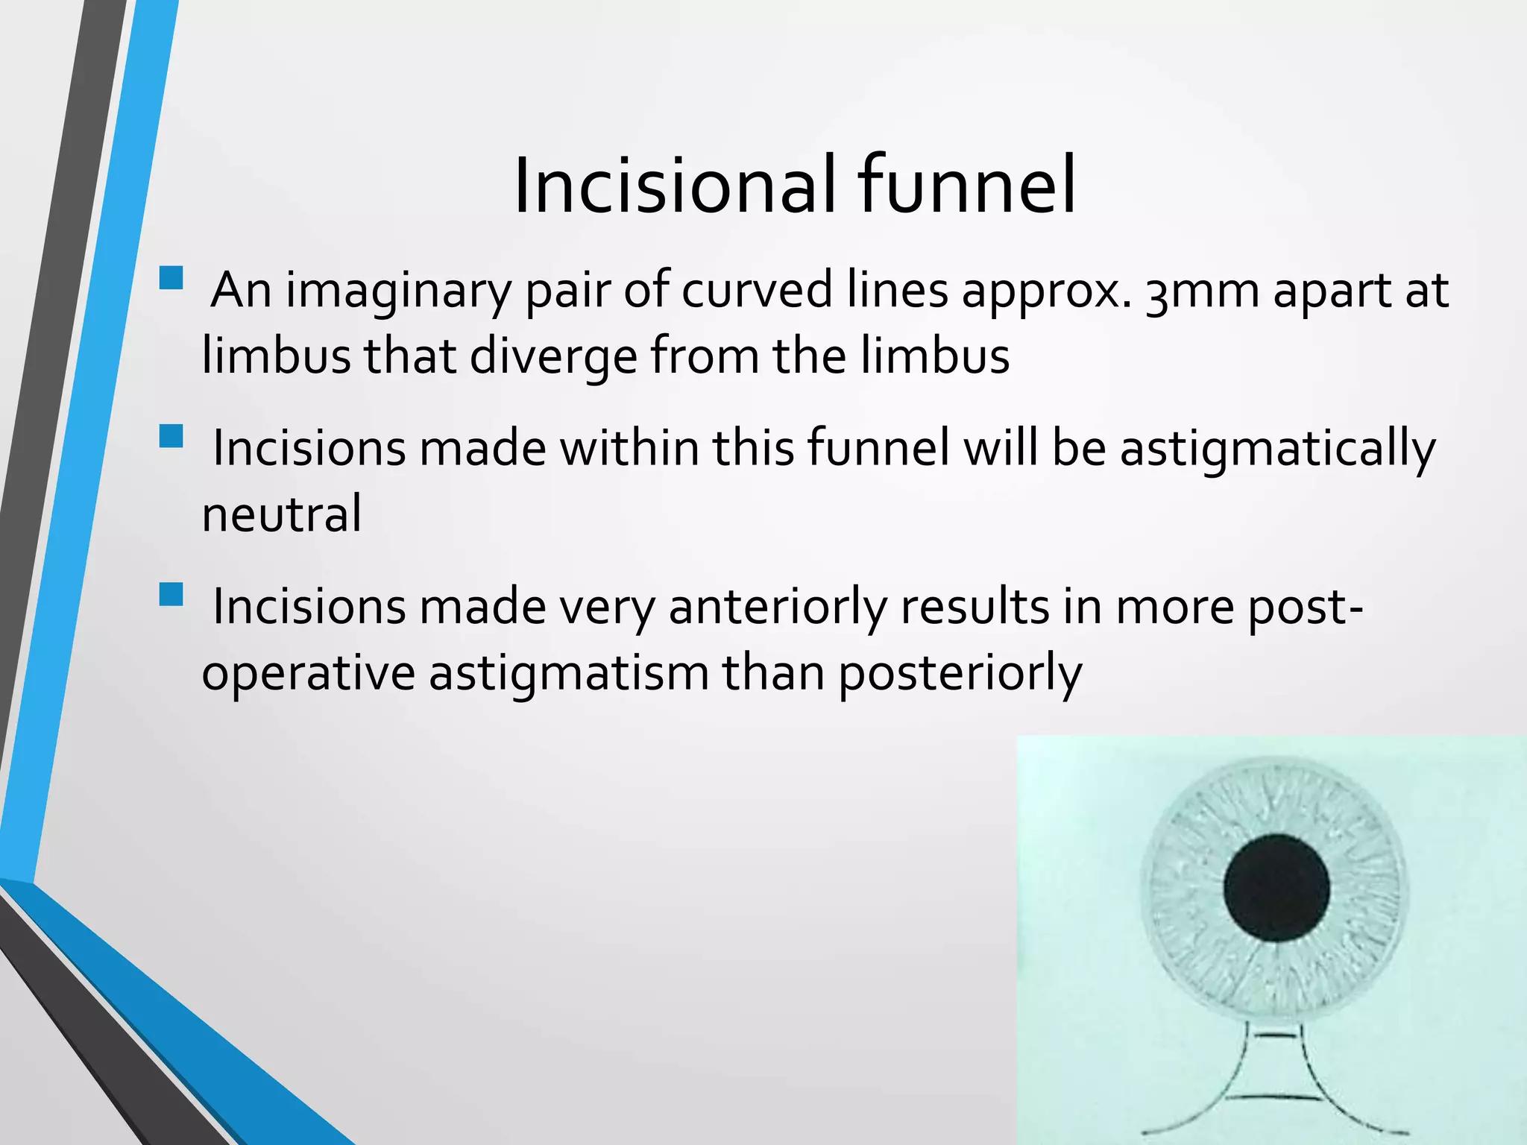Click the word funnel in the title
966,186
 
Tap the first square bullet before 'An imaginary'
171,277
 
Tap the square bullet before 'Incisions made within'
171,436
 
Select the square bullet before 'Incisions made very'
171,595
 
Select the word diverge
552,356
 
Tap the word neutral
282,514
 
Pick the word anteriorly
778,608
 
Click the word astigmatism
568,674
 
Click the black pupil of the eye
1276,888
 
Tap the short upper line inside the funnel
1276,1036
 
